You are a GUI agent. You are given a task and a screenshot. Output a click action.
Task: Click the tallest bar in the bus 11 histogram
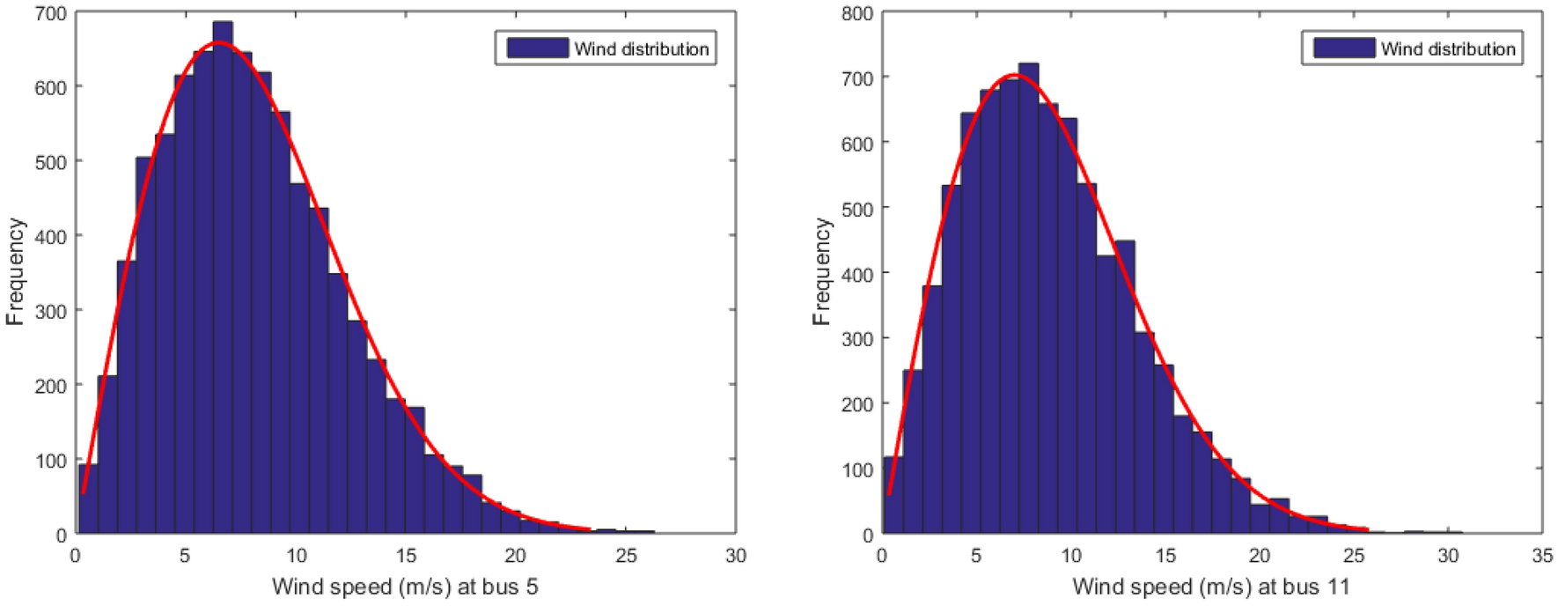pyautogui.click(x=1028, y=299)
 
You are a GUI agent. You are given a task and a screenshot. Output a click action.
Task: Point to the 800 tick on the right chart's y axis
pyautogui.click(x=856, y=13)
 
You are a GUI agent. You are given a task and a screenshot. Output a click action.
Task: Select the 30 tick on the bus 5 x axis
pyautogui.click(x=735, y=556)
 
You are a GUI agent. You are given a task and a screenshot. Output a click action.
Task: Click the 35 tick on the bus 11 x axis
pyautogui.click(x=1541, y=556)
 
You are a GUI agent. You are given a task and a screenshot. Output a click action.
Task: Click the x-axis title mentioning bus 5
pyautogui.click(x=405, y=587)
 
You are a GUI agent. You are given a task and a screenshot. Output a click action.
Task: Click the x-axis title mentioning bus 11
pyautogui.click(x=1210, y=587)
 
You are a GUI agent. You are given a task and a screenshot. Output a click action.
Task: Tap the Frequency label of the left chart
pyautogui.click(x=15, y=271)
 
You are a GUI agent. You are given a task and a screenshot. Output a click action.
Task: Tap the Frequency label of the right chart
pyautogui.click(x=821, y=271)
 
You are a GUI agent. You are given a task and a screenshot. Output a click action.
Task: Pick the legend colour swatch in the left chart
pyautogui.click(x=537, y=48)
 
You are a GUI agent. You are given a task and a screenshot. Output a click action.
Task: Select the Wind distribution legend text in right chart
pyautogui.click(x=1447, y=49)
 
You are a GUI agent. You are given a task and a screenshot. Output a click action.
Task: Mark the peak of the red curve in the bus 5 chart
pyautogui.click(x=219, y=42)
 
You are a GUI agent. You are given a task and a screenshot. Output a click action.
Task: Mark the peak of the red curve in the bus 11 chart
pyautogui.click(x=1017, y=75)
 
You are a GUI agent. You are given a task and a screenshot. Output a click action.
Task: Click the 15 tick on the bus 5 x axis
pyautogui.click(x=406, y=556)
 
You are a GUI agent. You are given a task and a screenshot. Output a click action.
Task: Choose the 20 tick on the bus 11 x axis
pyautogui.click(x=1259, y=556)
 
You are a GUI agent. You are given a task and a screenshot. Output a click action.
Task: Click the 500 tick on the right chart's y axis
pyautogui.click(x=856, y=209)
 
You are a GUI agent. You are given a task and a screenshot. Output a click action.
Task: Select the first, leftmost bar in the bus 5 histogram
pyautogui.click(x=88, y=499)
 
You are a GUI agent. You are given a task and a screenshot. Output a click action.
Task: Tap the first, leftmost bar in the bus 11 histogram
pyautogui.click(x=893, y=495)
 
